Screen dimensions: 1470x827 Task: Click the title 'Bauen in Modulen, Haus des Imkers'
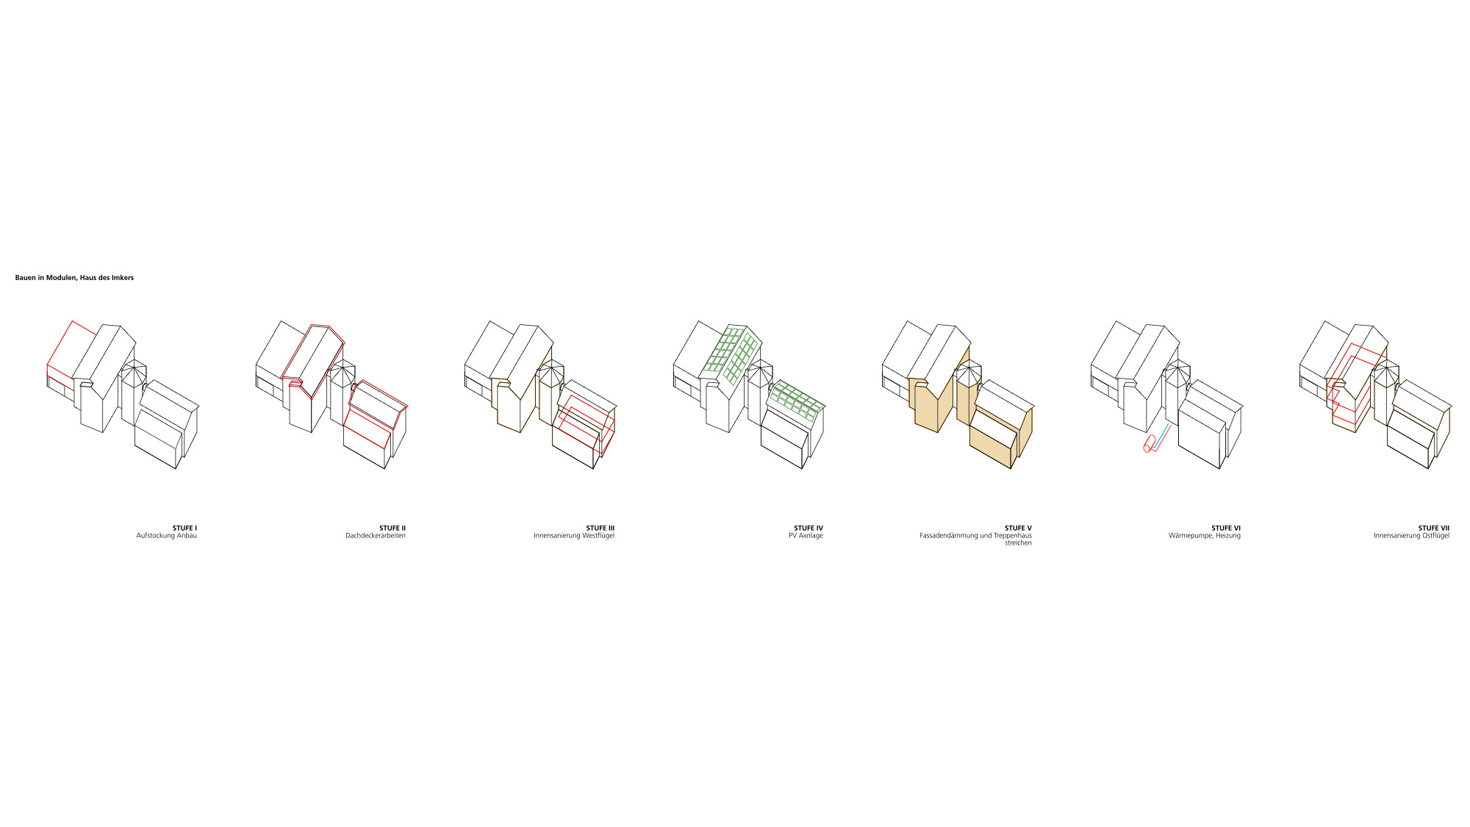(x=74, y=278)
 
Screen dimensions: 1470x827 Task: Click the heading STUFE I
(x=184, y=528)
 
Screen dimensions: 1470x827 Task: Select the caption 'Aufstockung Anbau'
(x=166, y=536)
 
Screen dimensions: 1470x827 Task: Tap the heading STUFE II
(x=392, y=528)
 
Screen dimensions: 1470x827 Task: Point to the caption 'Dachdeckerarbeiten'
(x=376, y=536)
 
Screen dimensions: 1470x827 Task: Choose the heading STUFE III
(x=600, y=528)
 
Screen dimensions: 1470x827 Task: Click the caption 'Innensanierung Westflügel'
(x=574, y=536)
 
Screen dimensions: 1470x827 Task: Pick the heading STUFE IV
(x=808, y=528)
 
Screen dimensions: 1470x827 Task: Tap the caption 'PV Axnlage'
(x=806, y=536)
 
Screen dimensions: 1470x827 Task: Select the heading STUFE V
(x=1018, y=528)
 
